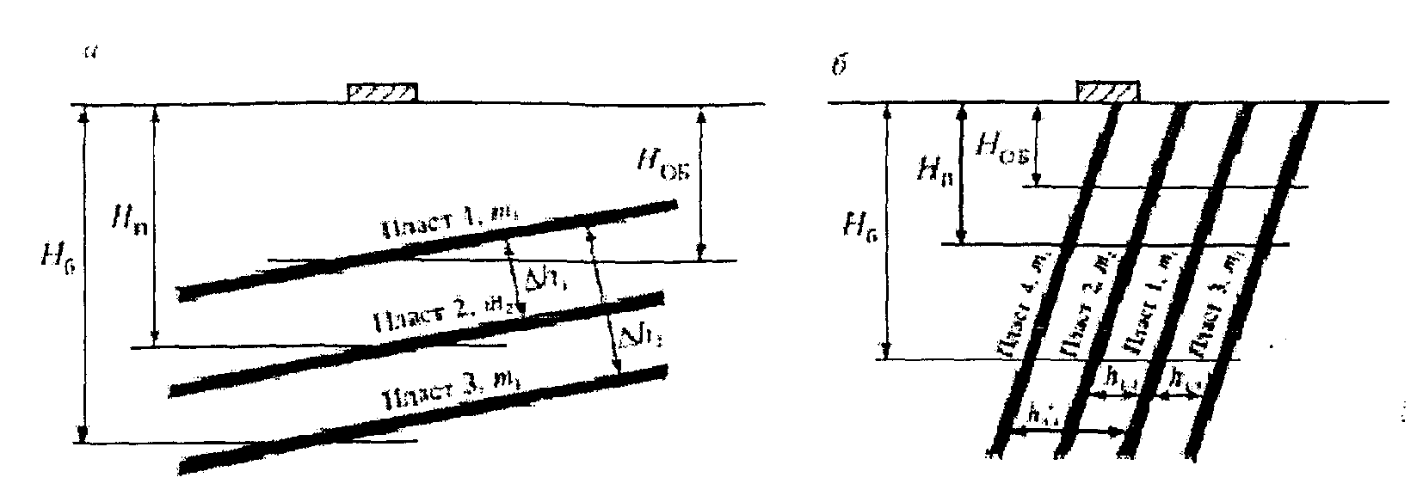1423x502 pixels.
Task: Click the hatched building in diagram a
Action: (x=383, y=92)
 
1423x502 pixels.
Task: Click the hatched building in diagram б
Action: (x=1108, y=92)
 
